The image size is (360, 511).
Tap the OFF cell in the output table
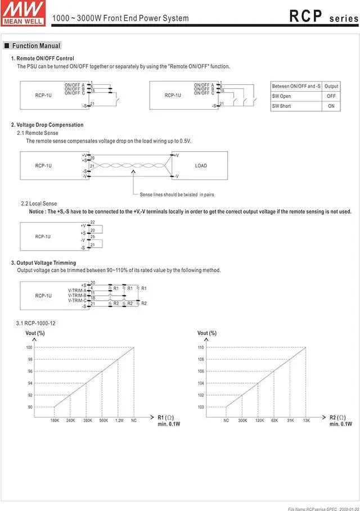click(x=331, y=96)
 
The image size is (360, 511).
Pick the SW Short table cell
click(x=281, y=106)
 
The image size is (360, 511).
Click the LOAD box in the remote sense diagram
click(x=201, y=166)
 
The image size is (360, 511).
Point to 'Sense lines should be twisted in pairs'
click(x=177, y=195)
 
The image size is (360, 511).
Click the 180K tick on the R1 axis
click(x=55, y=420)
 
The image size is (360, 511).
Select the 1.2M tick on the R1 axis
click(x=119, y=420)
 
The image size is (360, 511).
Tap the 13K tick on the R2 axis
click(x=306, y=420)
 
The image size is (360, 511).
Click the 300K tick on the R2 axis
click(x=242, y=420)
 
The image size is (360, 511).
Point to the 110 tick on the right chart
click(x=201, y=347)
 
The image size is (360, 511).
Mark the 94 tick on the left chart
click(x=29, y=383)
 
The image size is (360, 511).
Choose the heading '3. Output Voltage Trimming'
click(x=43, y=263)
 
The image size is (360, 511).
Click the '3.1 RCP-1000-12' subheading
click(x=35, y=323)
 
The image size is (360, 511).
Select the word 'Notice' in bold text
click(x=38, y=212)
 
